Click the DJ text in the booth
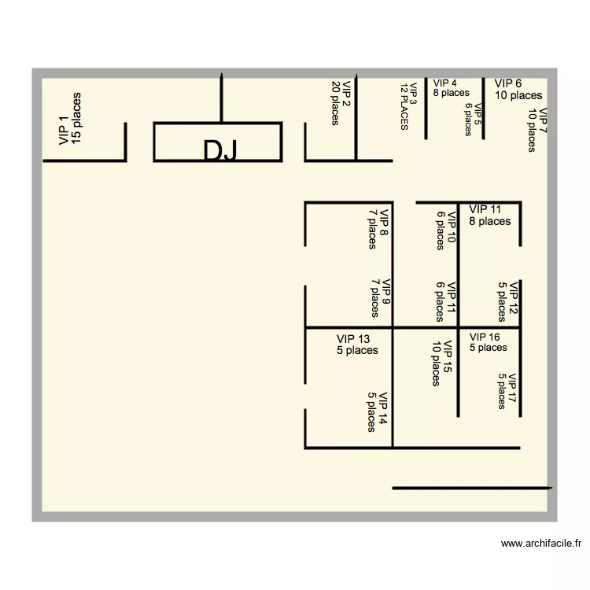click(219, 151)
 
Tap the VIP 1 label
click(64, 130)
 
